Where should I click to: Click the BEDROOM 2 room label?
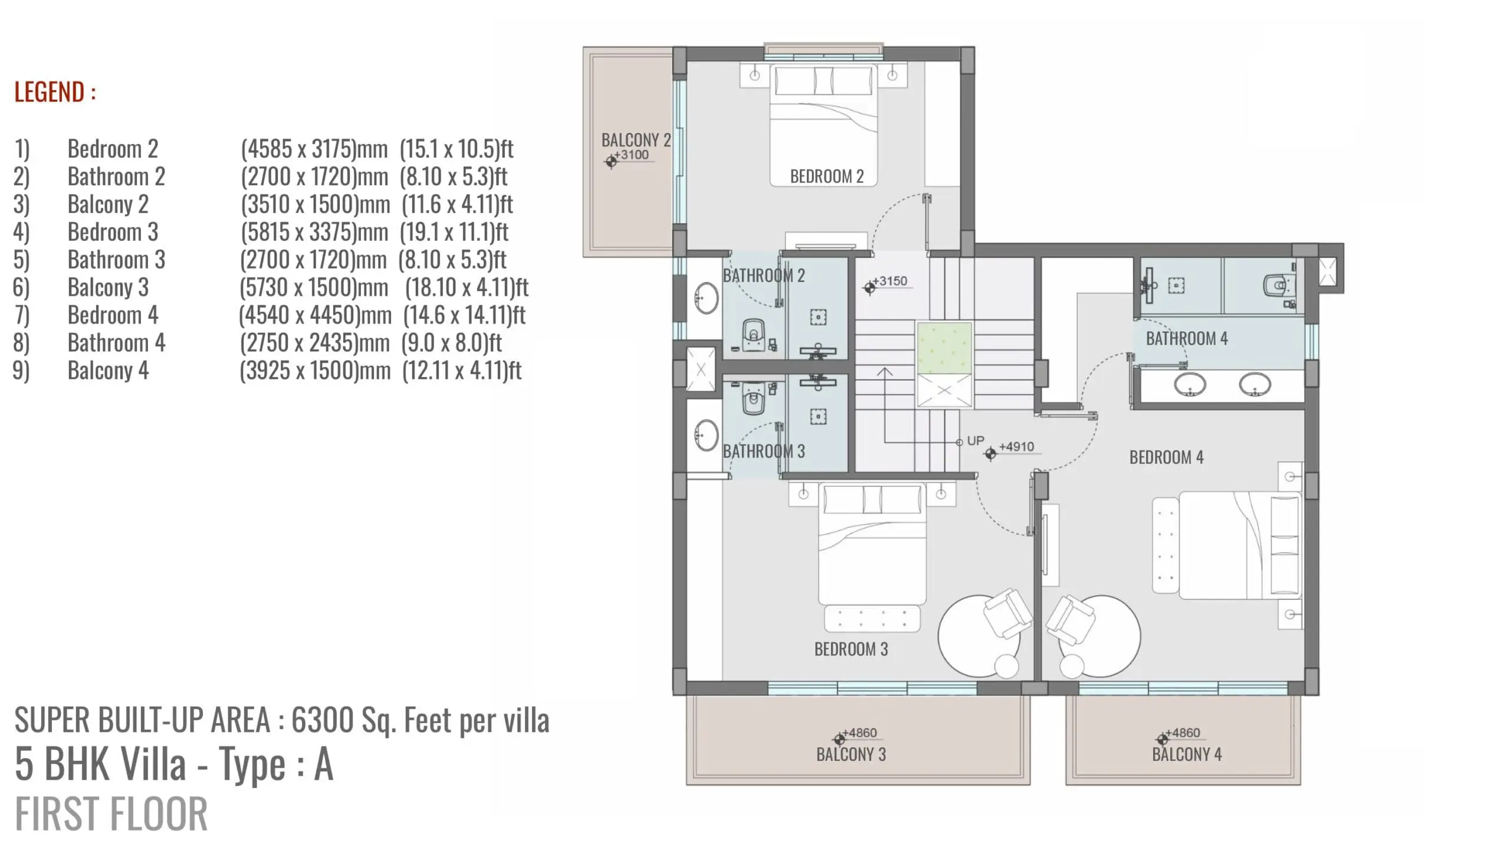coord(826,176)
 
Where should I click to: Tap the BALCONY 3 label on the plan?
coord(851,754)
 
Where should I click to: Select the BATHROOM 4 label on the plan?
coord(1187,338)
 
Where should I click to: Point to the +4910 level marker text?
coord(1016,446)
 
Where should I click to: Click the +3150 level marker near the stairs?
coord(889,281)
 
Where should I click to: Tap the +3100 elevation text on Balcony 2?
coord(631,155)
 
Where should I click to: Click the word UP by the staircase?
coord(976,440)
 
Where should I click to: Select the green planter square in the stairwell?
coord(944,348)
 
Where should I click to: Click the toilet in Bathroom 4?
coord(1276,286)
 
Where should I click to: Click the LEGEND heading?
coord(55,92)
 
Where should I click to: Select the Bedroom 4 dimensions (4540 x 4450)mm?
coord(315,315)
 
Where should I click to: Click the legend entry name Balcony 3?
coord(108,287)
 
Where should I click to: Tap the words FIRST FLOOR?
coord(111,813)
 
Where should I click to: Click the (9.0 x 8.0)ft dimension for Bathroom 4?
coord(451,343)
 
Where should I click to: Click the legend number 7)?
coord(21,315)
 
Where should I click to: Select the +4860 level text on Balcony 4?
coord(1182,733)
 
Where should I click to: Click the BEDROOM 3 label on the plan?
coord(851,649)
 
